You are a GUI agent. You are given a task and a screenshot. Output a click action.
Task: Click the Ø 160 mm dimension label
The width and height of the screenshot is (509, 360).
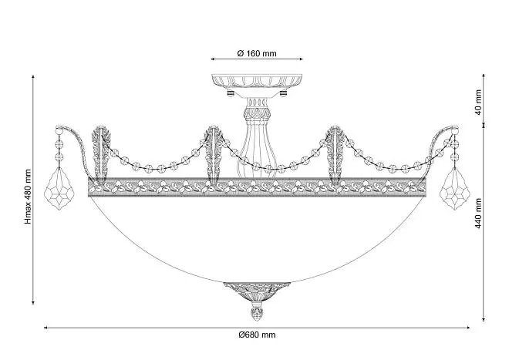257,53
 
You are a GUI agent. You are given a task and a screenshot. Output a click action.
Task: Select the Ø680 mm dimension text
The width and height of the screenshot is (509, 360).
257,335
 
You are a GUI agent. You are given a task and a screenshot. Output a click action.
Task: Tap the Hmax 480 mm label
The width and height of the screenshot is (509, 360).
29,197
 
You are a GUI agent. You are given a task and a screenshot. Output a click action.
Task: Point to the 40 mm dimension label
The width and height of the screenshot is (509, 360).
478,103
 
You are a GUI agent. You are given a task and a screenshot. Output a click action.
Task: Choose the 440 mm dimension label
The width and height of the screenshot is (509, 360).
478,214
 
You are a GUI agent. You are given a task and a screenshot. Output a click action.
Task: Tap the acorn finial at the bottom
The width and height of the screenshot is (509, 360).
257,312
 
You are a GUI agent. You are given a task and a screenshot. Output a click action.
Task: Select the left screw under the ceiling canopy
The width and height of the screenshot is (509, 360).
230,93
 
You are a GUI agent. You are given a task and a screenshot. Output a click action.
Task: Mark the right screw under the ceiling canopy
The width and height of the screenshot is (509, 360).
283,93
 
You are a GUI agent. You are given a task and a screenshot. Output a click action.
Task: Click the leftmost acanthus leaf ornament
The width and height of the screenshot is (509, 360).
101,155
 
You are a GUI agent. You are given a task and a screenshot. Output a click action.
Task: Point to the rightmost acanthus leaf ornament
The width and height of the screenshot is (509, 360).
336,155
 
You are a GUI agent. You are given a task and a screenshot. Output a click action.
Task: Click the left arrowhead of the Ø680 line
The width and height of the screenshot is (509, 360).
46,328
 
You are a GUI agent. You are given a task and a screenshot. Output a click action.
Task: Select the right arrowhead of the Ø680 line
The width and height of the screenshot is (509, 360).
468,328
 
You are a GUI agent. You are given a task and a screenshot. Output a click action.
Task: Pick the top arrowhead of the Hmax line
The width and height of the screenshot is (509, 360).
33,77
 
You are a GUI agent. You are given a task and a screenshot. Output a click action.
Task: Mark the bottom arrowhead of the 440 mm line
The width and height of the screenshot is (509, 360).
484,319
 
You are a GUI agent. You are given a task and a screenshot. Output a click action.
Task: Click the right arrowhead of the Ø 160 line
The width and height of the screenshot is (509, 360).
301,59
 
